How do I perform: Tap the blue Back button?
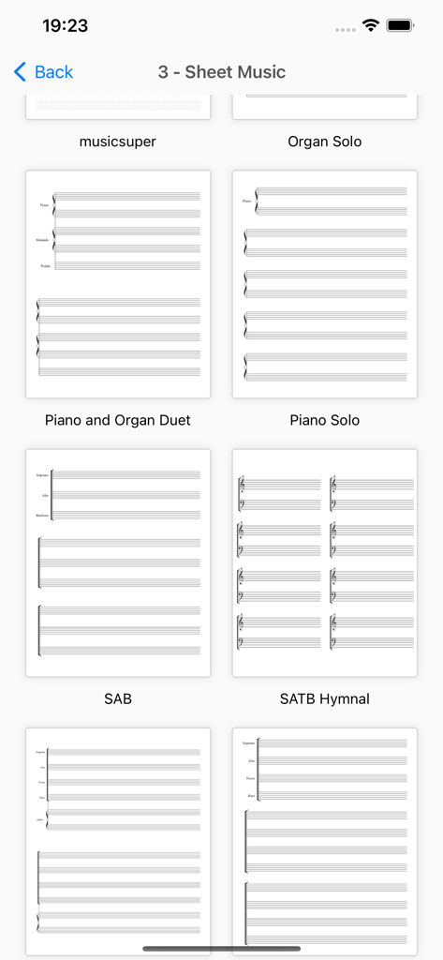[43, 72]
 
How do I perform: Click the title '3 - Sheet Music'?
[222, 72]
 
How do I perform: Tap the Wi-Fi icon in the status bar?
[371, 26]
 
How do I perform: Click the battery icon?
[401, 26]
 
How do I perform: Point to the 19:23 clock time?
[65, 26]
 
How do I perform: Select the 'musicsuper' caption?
[118, 142]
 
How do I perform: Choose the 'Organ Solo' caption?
[325, 142]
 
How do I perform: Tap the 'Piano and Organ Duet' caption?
[118, 420]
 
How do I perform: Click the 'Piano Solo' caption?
[325, 420]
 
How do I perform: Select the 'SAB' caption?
[118, 698]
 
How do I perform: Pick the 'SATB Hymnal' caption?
[325, 698]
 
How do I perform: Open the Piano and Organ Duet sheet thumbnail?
[118, 284]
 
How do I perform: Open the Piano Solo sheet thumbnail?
[325, 284]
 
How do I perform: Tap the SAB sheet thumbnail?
[118, 562]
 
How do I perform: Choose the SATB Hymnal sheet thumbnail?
[325, 562]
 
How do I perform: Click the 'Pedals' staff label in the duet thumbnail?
[45, 266]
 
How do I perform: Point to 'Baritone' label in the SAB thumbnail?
[42, 516]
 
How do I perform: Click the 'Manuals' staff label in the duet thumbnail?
[43, 240]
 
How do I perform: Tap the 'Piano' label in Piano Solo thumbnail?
[246, 201]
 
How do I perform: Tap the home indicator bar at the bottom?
[222, 949]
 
